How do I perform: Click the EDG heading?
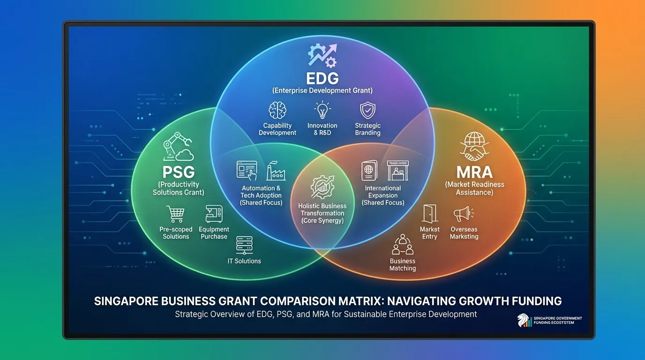coord(322,77)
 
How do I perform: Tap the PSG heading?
coord(178,172)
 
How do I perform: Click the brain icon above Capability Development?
coord(277,111)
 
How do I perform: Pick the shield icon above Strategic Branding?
coord(367,111)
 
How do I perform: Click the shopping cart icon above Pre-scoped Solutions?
coord(175,214)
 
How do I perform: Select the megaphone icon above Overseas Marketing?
coord(463,214)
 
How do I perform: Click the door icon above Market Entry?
coord(429,213)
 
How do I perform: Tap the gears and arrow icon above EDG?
coord(322,55)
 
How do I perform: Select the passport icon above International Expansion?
coord(369,171)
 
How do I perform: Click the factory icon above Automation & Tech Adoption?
coord(276,172)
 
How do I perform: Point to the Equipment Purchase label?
coord(214,233)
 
